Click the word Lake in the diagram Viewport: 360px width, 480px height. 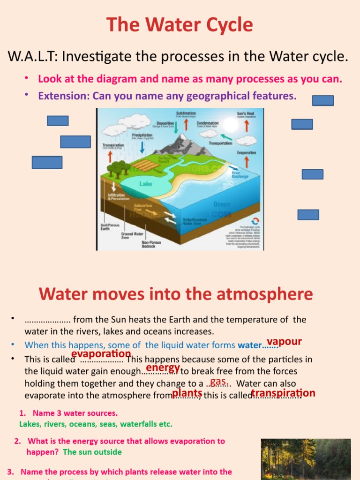tap(146, 184)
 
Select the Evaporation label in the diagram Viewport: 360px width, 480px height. tap(247, 153)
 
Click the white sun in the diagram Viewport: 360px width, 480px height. tap(231, 125)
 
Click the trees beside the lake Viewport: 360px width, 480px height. tap(118, 168)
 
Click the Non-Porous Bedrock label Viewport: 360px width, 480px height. tap(149, 244)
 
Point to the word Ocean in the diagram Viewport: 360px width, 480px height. tap(222, 204)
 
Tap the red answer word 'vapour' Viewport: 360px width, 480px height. tap(284, 341)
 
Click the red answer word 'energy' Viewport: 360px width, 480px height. tap(163, 367)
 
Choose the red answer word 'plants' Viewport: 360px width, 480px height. tap(187, 393)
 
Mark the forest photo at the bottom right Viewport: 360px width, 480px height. tap(306, 459)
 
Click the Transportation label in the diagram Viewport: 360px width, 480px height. tap(220, 143)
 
